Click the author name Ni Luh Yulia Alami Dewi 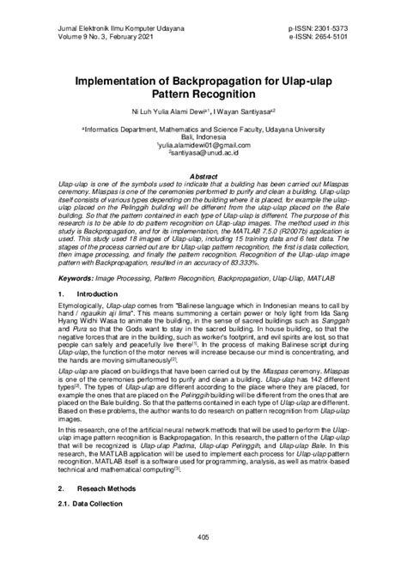click(162, 109)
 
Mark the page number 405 click(203, 561)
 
